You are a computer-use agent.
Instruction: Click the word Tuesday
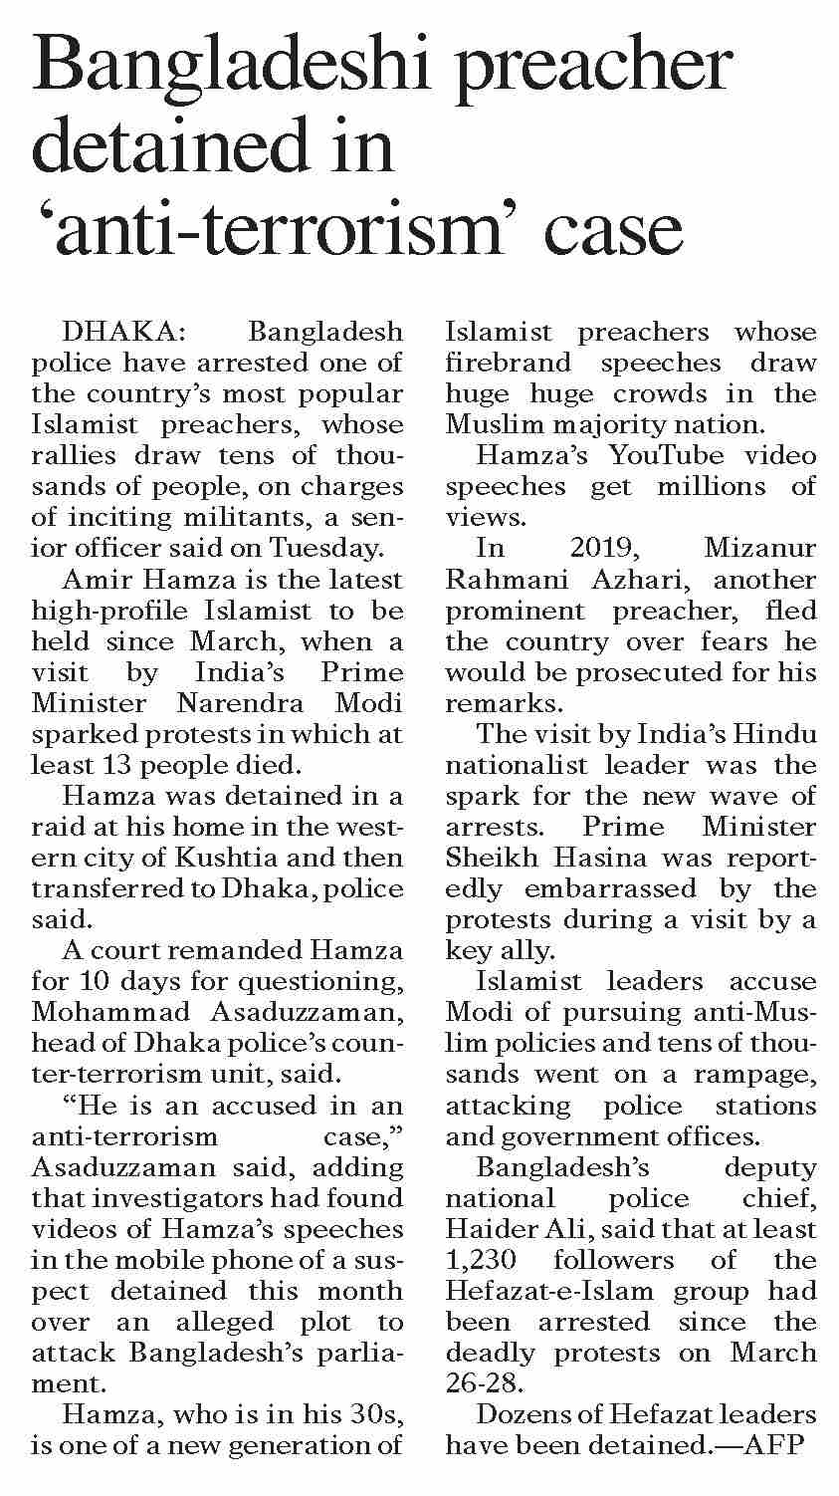pos(327,548)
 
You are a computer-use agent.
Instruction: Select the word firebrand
pos(509,363)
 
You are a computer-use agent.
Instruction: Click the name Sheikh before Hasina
pos(492,858)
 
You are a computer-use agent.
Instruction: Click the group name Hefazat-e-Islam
pos(556,1291)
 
